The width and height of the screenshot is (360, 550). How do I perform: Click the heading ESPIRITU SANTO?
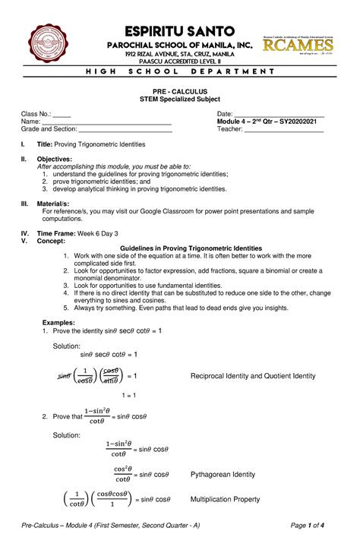pyautogui.click(x=179, y=31)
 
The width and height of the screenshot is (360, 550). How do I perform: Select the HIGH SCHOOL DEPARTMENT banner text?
pyautogui.click(x=179, y=71)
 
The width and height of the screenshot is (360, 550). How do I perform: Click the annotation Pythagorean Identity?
pyautogui.click(x=223, y=475)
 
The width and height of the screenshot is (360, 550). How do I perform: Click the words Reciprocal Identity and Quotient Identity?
pyautogui.click(x=252, y=376)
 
